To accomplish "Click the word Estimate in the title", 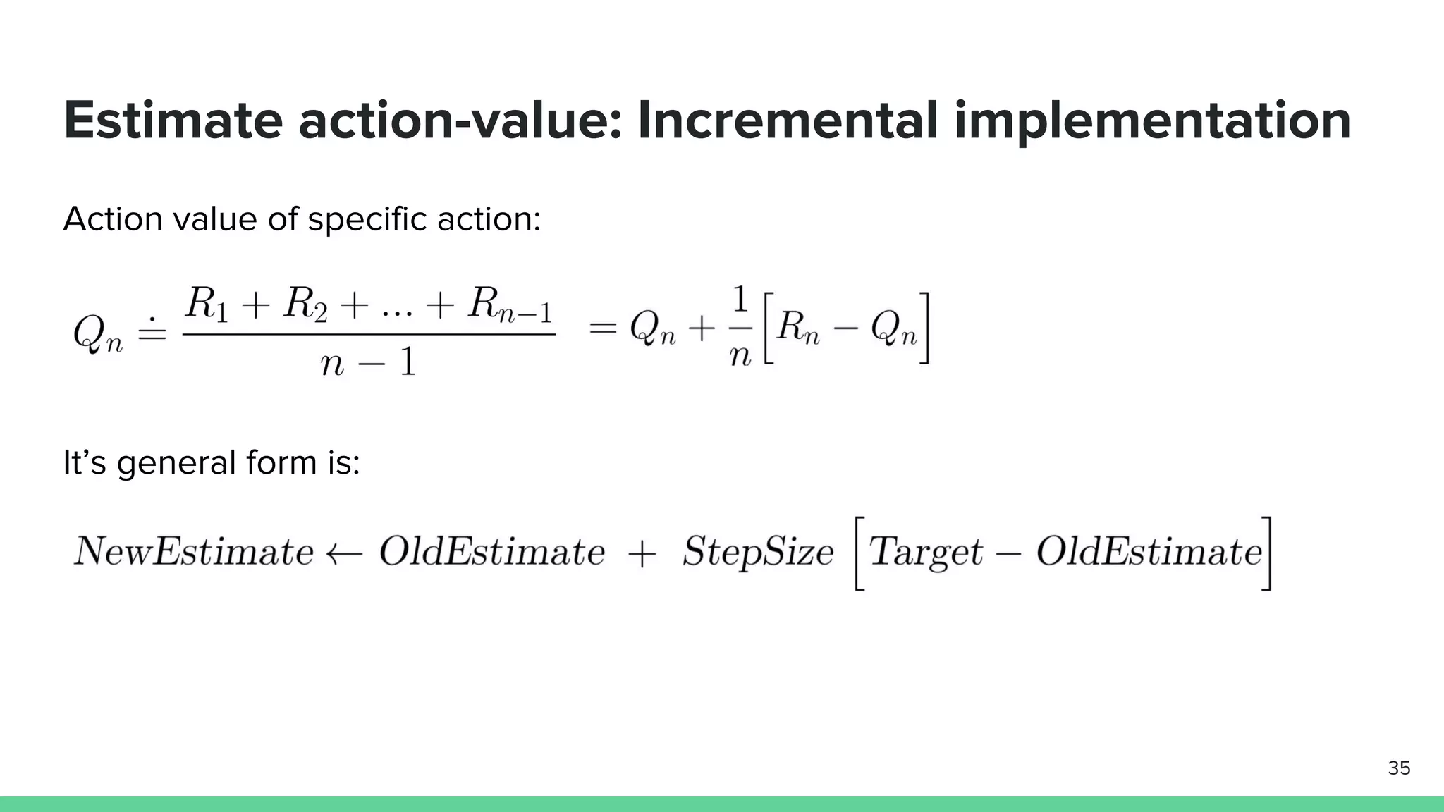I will coord(173,121).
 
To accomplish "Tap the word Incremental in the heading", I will coord(788,121).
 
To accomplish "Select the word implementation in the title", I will coord(1152,122).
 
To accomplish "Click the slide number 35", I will coord(1399,768).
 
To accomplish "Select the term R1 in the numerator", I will coord(206,304).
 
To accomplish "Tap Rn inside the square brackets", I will coord(798,328).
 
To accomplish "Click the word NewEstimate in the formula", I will coord(193,551).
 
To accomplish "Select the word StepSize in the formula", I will coord(758,552).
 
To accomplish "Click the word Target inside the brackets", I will coord(925,552).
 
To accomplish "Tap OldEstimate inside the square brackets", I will coord(1149,552).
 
